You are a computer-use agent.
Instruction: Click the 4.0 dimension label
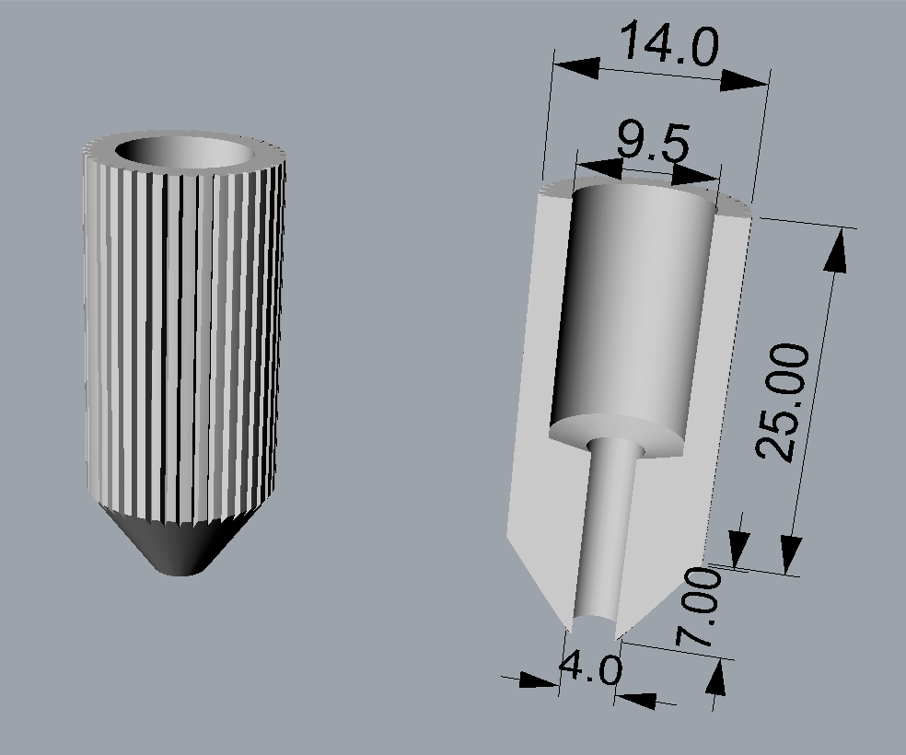coord(590,668)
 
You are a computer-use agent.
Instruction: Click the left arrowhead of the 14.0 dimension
coord(576,67)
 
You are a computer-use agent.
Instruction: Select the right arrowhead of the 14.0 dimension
coord(745,81)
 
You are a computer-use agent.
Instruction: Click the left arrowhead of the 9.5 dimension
coord(599,168)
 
